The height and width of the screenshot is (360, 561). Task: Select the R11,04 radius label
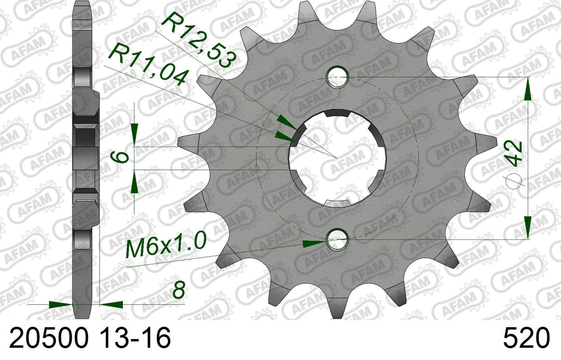click(148, 65)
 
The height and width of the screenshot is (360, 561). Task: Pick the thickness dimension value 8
click(179, 290)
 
